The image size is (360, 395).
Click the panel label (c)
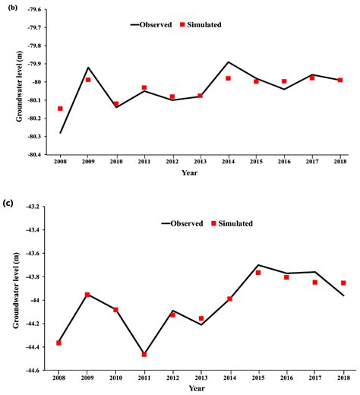click(8, 202)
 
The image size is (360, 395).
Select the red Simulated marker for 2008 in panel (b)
click(61, 109)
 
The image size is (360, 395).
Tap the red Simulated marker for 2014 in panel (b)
click(229, 78)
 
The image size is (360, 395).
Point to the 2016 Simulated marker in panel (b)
click(284, 81)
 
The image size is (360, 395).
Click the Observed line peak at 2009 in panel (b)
click(88, 68)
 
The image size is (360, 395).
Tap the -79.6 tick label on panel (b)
click(33, 11)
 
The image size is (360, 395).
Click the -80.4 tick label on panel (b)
click(33, 155)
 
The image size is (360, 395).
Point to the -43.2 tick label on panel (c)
click(33, 206)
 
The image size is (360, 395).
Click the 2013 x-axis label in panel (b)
click(201, 162)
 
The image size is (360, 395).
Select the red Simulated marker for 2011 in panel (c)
click(144, 354)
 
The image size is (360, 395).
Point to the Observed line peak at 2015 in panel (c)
click(258, 265)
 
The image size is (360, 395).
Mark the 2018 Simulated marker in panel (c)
click(343, 283)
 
